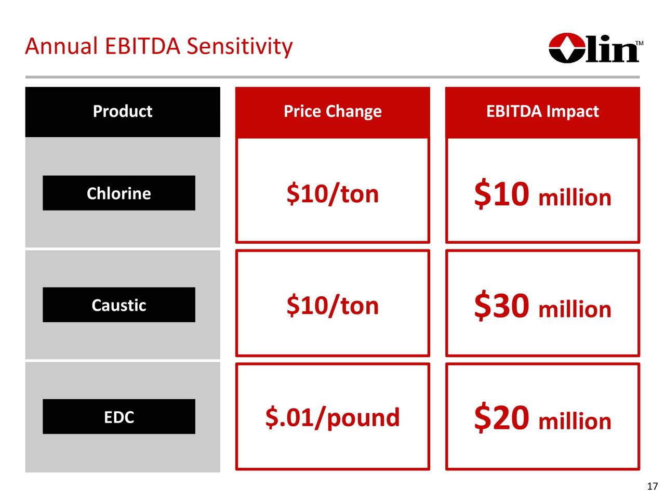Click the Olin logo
point(595,48)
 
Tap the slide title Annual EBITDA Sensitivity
point(159,46)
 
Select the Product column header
point(123,111)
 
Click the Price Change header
point(332,111)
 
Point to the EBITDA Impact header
point(542,111)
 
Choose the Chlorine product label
point(119,193)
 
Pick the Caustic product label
point(119,305)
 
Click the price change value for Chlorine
point(332,194)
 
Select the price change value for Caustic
point(332,306)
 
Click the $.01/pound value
point(332,417)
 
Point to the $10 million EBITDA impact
point(542,193)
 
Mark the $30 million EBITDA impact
point(542,305)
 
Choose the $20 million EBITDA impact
point(542,417)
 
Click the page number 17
point(653,487)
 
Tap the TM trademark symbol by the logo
point(639,43)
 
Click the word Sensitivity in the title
point(240,46)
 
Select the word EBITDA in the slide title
point(143,46)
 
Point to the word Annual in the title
point(61,46)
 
